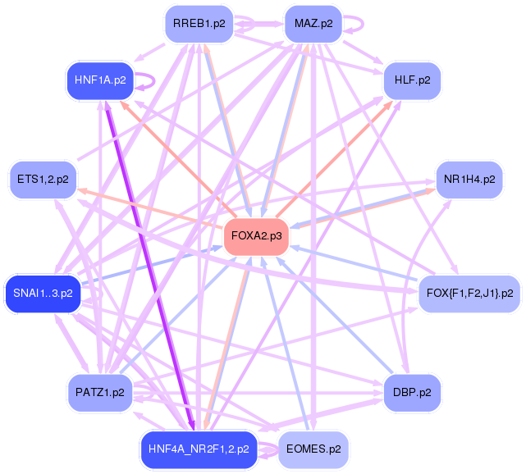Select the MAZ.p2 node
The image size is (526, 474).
pyautogui.click(x=313, y=24)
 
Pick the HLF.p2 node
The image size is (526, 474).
pyautogui.click(x=412, y=80)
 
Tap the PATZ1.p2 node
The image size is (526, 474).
pyautogui.click(x=99, y=392)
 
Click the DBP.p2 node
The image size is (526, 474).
pyautogui.click(x=412, y=392)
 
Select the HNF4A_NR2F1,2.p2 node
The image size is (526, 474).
pyautogui.click(x=199, y=449)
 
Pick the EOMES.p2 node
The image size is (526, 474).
pyautogui.click(x=313, y=449)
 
